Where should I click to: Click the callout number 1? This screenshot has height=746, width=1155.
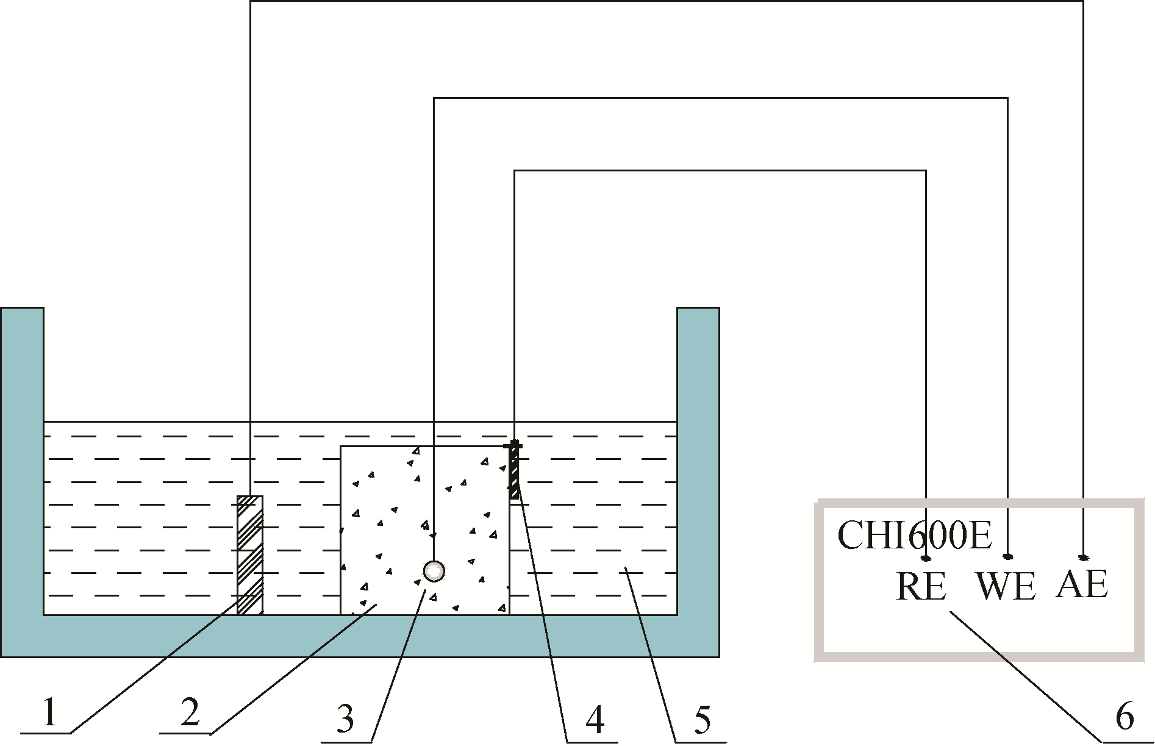pos(48,712)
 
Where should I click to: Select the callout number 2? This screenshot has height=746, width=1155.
pos(190,712)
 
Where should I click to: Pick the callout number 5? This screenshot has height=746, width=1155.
pos(703,720)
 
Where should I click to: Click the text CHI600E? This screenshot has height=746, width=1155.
pos(914,536)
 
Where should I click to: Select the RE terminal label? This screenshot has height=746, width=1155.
pos(921,586)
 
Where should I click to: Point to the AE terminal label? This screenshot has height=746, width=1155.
pos(1082,584)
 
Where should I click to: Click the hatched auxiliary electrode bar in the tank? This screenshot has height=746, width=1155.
pos(250,554)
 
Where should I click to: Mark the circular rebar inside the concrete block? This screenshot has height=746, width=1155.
pos(434,571)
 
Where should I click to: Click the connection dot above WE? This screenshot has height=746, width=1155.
pos(1007,557)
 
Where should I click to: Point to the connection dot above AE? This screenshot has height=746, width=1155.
pos(1083,557)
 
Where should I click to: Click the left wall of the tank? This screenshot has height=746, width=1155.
pos(22,457)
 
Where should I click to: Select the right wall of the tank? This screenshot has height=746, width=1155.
pos(698,457)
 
